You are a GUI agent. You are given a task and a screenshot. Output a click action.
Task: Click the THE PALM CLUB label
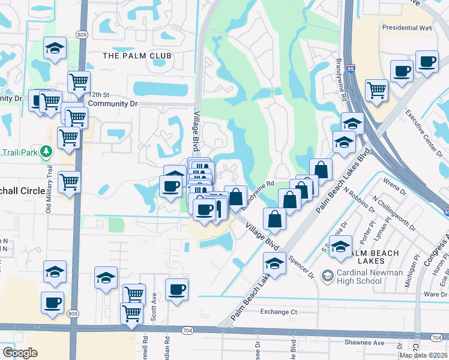[x=137, y=56]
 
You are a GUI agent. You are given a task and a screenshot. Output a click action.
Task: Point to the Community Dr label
[x=113, y=103]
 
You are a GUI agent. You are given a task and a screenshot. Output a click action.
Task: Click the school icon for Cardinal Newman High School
[x=328, y=275]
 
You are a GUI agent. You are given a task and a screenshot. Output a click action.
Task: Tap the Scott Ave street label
[x=154, y=304]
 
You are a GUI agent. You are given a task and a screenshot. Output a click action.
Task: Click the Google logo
[x=20, y=352]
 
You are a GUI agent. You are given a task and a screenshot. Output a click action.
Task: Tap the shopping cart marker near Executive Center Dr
[x=376, y=90]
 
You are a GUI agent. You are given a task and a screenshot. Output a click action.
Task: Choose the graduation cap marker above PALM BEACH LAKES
[x=340, y=247]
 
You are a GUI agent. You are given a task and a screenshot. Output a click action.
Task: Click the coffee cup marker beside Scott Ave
[x=177, y=290]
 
